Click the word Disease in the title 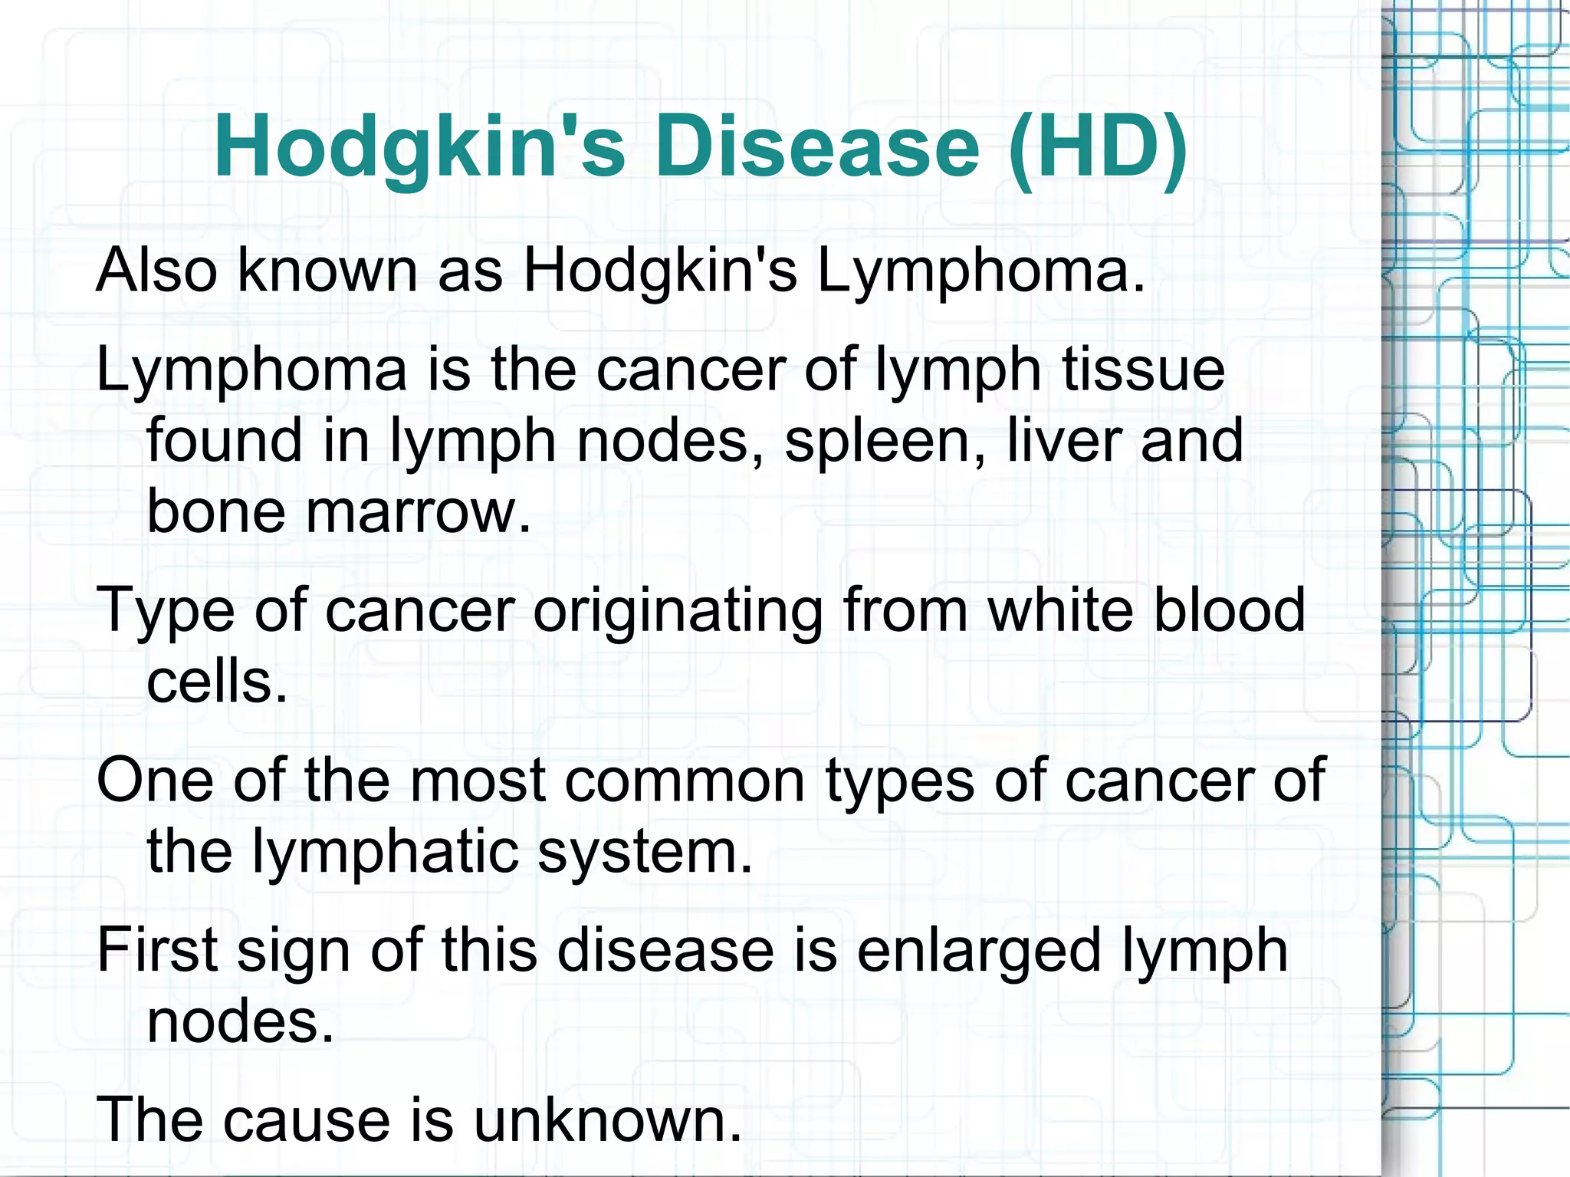click(x=817, y=146)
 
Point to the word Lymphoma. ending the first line click(x=980, y=271)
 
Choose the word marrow click(x=419, y=512)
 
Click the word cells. click(x=217, y=681)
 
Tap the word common click(x=685, y=781)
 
